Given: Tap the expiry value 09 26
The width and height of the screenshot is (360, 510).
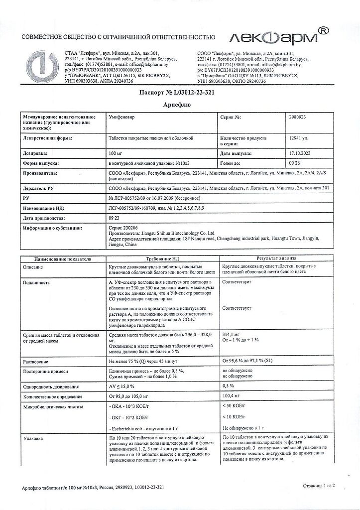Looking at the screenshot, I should tap(295, 163).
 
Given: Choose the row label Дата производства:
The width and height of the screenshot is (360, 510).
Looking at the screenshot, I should tap(44, 219).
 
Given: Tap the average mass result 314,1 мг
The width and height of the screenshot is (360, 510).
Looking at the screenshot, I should tap(232, 336).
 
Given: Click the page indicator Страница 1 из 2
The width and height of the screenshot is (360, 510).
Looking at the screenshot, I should tap(319, 486).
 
